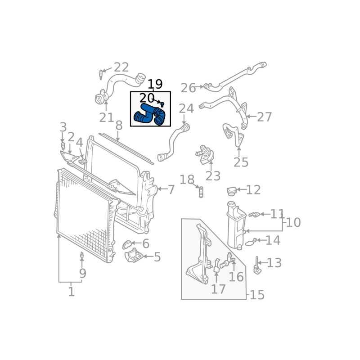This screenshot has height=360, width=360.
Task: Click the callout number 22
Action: click(121, 67)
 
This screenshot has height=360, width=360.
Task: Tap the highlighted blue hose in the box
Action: click(150, 115)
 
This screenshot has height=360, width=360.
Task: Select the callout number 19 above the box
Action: click(155, 84)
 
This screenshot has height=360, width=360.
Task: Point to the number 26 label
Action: click(188, 88)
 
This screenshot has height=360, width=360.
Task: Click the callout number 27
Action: click(264, 117)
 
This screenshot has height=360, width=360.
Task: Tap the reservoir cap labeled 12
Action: click(232, 192)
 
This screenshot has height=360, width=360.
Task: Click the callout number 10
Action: click(293, 222)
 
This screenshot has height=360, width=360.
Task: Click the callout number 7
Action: click(171, 189)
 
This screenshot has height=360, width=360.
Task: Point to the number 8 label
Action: click(119, 125)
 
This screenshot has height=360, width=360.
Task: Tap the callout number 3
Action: click(63, 127)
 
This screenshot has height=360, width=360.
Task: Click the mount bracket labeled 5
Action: click(134, 257)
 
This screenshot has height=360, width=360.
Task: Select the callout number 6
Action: click(145, 244)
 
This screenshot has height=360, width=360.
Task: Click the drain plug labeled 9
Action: click(82, 256)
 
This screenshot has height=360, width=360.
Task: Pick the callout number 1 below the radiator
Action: click(71, 292)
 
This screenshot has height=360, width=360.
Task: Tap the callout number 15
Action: click(257, 295)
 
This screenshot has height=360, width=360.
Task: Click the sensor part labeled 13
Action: click(257, 266)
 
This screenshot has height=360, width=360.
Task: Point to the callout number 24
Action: click(186, 108)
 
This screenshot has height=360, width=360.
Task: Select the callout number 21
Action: click(106, 118)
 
